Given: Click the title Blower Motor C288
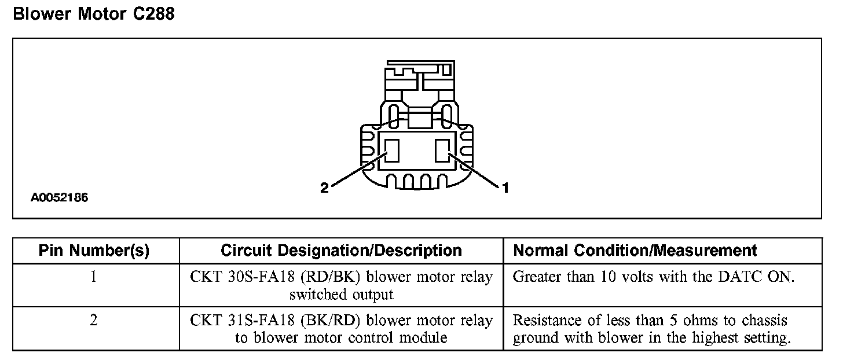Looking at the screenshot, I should pos(93,14).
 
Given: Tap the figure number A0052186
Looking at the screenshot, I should pos(59,197).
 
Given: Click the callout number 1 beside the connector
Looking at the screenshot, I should pos(505,188).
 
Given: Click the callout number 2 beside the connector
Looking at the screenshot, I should pos(324,188).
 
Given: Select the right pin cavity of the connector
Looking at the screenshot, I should pos(443,150).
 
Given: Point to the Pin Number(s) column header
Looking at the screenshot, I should pos(94,251).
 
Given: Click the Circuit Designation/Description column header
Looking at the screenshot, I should pos(341,251).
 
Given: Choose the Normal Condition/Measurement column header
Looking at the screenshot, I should pos(635,251).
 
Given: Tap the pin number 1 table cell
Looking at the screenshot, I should pos(94,277).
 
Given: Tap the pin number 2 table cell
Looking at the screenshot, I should pos(94,321).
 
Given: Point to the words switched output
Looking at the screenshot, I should pos(341,295).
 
